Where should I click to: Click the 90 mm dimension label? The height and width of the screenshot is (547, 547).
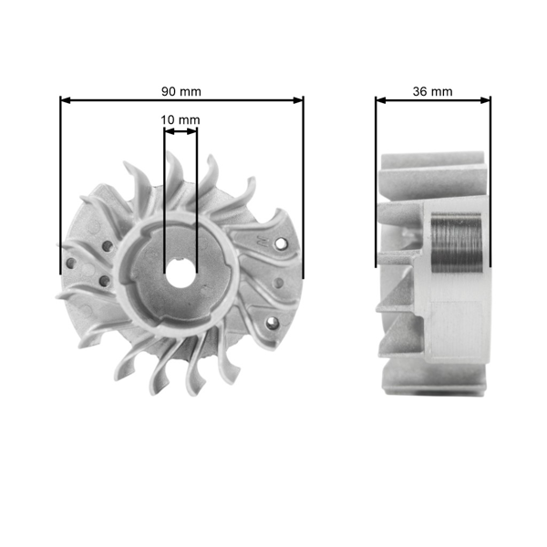(181, 91)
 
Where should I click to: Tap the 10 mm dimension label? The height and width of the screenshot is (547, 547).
(180, 119)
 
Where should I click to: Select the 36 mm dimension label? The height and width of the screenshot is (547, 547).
(432, 91)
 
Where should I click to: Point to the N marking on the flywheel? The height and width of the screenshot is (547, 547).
(262, 243)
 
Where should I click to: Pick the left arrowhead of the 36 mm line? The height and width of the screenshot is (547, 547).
(380, 99)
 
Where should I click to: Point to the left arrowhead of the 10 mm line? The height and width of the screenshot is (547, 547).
(167, 131)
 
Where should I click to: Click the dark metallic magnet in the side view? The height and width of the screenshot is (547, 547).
(453, 243)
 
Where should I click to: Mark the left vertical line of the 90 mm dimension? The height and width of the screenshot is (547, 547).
(61, 182)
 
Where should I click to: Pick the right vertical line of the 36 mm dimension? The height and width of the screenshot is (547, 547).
(490, 182)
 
